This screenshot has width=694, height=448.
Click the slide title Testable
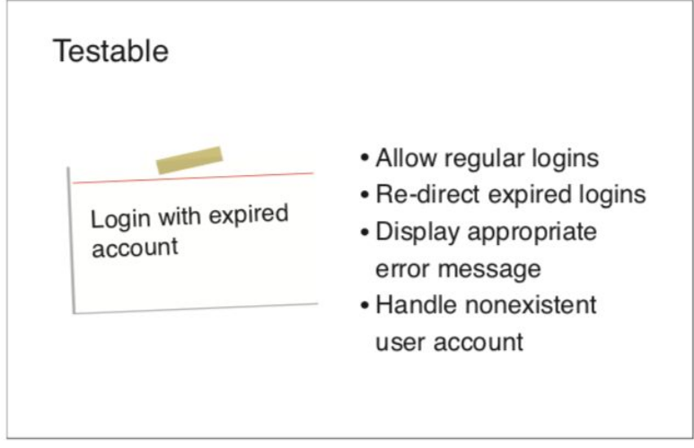pos(110,51)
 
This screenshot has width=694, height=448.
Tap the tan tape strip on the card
pos(189,160)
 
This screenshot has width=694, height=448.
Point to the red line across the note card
pos(193,178)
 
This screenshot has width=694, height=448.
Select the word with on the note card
pos(180,216)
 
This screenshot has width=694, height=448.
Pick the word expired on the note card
pos(249,215)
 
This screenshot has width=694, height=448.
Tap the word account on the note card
pos(135,248)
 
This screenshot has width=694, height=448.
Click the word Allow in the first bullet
pos(406,158)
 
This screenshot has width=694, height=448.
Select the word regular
pos(484,160)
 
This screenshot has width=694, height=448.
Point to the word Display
pos(417,233)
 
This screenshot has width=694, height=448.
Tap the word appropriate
pos(532,233)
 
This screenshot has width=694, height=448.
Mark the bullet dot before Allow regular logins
pos(365,158)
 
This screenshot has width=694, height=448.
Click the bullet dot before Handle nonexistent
pos(365,305)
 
